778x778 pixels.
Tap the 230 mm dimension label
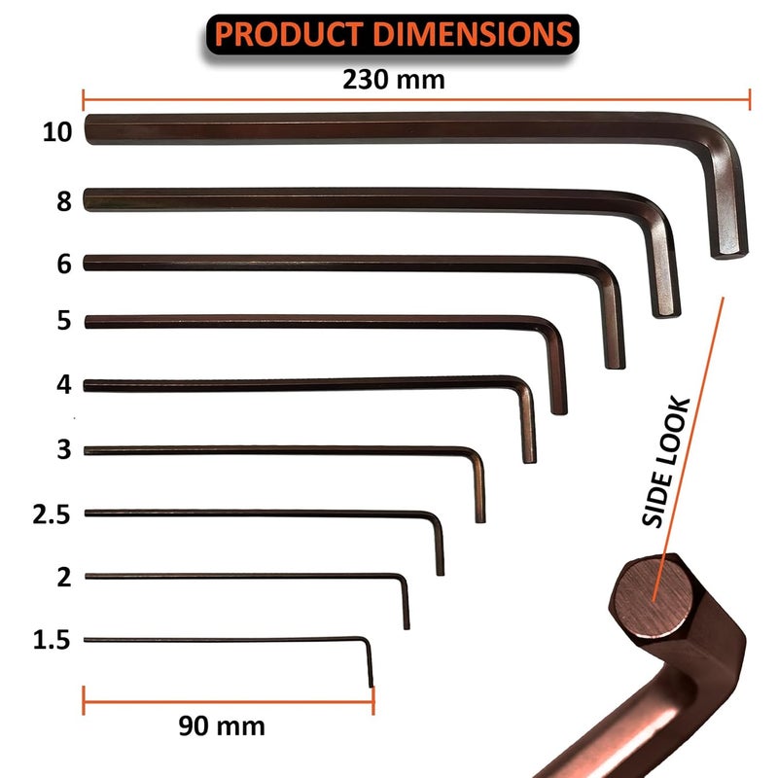pyautogui.click(x=393, y=80)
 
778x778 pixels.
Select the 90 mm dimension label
pyautogui.click(x=222, y=725)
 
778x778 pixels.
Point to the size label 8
pyautogui.click(x=64, y=202)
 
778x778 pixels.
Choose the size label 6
pyautogui.click(x=64, y=265)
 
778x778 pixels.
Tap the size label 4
pyautogui.click(x=64, y=385)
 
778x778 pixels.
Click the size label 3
pyautogui.click(x=64, y=449)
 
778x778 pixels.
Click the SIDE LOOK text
pyautogui.click(x=667, y=462)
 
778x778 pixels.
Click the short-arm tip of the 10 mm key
pyautogui.click(x=728, y=251)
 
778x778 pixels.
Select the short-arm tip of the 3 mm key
pyautogui.click(x=480, y=517)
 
